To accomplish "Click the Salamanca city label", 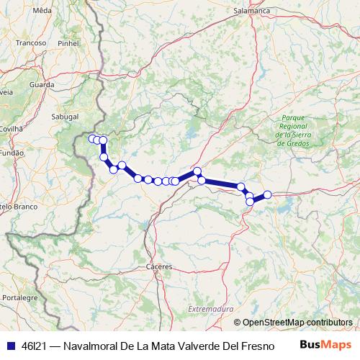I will point(251,12).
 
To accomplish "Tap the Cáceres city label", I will point(158,266).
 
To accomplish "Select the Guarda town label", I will point(42,84).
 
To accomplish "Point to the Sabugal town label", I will point(64,114).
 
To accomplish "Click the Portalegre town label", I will point(19,297).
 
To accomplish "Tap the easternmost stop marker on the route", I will point(267,194).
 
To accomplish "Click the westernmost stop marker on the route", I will point(91,138).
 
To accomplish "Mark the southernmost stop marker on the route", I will point(249,202).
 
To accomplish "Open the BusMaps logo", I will point(325,345).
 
